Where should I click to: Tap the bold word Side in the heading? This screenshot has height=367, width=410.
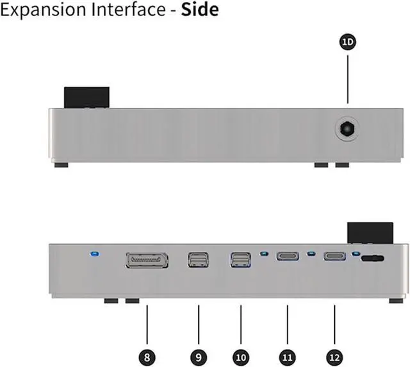[199, 10]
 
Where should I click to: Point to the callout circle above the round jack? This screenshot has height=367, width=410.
[348, 42]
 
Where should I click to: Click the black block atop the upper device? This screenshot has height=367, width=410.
[86, 98]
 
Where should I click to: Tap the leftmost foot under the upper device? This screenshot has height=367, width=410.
[61, 165]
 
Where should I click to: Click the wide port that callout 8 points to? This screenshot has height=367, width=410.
[147, 260]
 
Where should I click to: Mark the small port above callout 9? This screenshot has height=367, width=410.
[199, 260]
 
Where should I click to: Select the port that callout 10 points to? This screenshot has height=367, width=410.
[241, 260]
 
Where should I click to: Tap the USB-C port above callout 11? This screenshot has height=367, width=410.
[287, 257]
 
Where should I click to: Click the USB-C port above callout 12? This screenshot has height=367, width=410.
[334, 257]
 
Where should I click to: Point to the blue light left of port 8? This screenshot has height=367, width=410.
[95, 254]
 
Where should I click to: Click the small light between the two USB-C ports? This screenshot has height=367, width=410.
[311, 253]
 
